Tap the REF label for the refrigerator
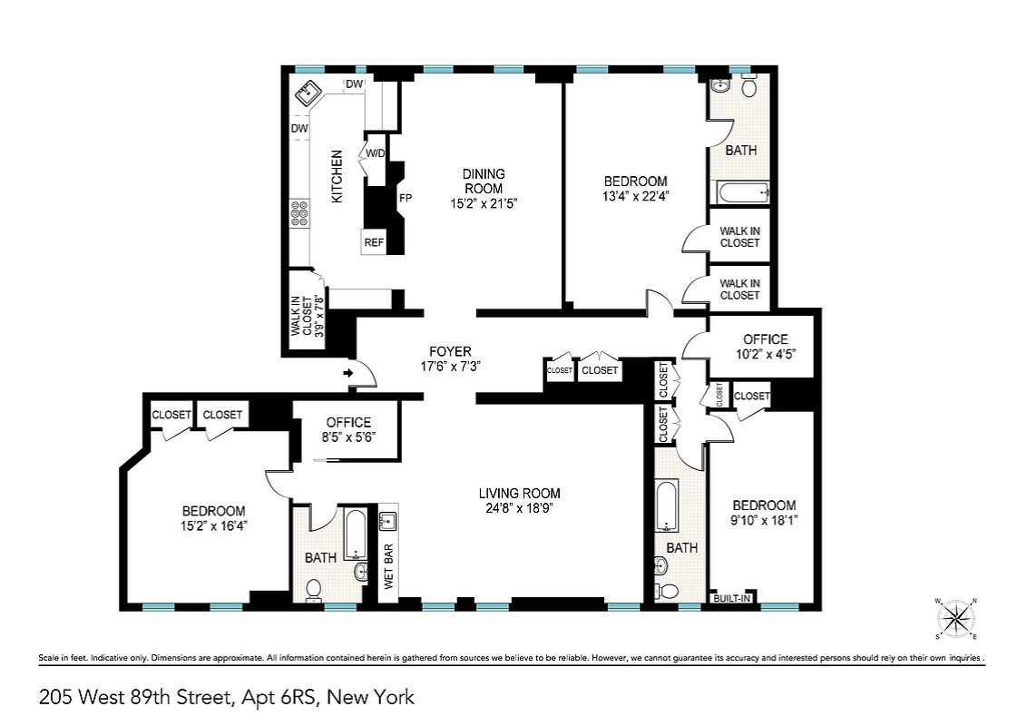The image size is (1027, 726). [x=374, y=242]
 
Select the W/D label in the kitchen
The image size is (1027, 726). [x=376, y=152]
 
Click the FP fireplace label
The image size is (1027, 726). [x=406, y=197]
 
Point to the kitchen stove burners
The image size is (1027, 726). [x=298, y=213]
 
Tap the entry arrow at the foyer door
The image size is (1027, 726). [x=348, y=372]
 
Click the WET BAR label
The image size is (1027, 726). [x=389, y=567]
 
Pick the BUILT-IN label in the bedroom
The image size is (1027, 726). [x=733, y=598]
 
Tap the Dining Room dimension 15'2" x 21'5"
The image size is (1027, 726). [x=484, y=203]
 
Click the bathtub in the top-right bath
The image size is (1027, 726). [x=742, y=192]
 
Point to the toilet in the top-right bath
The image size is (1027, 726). [x=749, y=88]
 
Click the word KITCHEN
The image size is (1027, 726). [x=336, y=176]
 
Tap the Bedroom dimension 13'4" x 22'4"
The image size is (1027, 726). [x=635, y=196]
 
